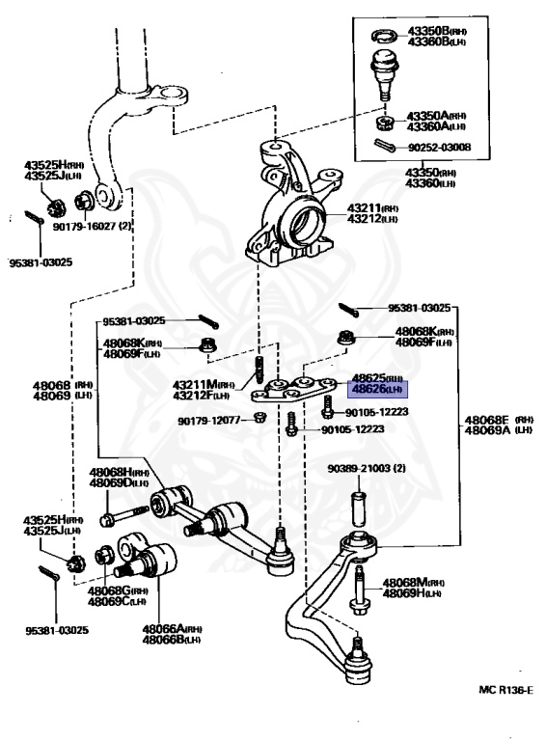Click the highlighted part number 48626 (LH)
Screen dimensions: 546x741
pyautogui.click(x=377, y=390)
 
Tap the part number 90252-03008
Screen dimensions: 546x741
pyautogui.click(x=439, y=148)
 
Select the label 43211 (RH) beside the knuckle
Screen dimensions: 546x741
pyautogui.click(x=372, y=208)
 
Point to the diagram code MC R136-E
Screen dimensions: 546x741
pyautogui.click(x=505, y=690)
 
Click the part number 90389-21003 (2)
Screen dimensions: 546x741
pyautogui.click(x=367, y=468)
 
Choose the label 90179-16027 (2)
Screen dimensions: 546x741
pyautogui.click(x=92, y=227)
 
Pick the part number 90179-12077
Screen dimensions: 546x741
pyautogui.click(x=209, y=420)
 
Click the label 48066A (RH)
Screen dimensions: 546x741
pyautogui.click(x=173, y=628)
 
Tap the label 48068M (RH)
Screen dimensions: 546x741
pyautogui.click(x=413, y=583)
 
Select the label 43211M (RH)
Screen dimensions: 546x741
pyautogui.click(x=204, y=385)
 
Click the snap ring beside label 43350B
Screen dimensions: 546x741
pyautogui.click(x=386, y=35)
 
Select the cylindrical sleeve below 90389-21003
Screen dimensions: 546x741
pyautogui.click(x=358, y=508)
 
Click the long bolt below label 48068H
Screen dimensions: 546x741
pyautogui.click(x=124, y=515)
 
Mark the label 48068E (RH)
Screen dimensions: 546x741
pyautogui.click(x=499, y=420)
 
